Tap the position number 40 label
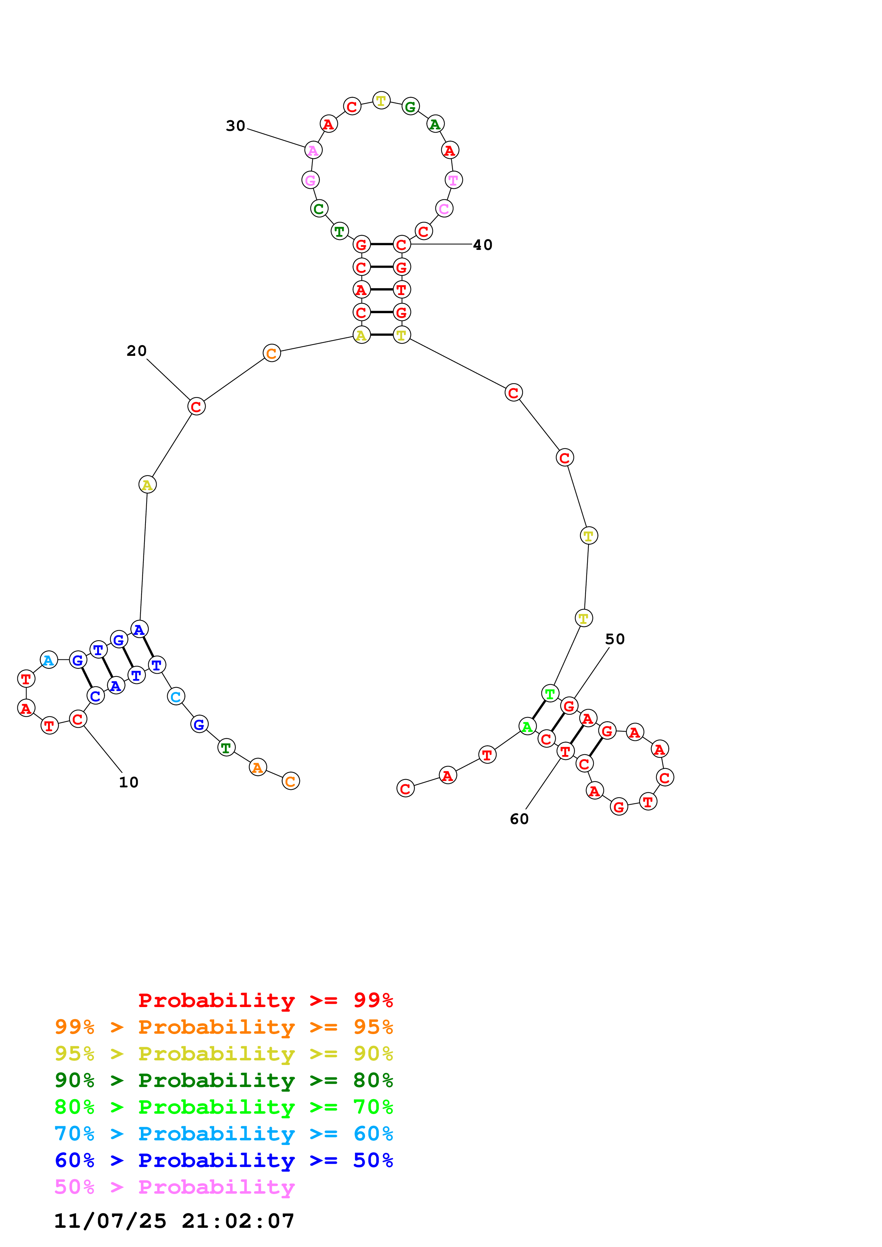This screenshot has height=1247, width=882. pyautogui.click(x=482, y=245)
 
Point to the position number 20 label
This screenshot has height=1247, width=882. pyautogui.click(x=136, y=351)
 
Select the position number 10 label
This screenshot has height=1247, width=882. pyautogui.click(x=129, y=782)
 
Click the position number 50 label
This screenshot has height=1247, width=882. pyautogui.click(x=615, y=639)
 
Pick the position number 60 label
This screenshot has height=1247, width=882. pyautogui.click(x=519, y=819)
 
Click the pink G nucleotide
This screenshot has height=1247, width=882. pyautogui.click(x=310, y=180)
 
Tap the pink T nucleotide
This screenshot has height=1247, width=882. pyautogui.click(x=453, y=180)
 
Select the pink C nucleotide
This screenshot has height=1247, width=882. pyautogui.click(x=444, y=209)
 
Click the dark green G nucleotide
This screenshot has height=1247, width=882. pyautogui.click(x=410, y=106)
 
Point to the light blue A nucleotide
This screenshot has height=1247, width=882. pyautogui.click(x=49, y=660)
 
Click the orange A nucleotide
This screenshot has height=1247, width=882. pyautogui.click(x=258, y=767)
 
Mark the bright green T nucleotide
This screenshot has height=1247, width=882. pyautogui.click(x=550, y=694)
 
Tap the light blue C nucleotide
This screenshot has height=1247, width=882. pyautogui.click(x=175, y=696)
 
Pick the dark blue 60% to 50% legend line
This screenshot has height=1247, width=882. pyautogui.click(x=224, y=1161)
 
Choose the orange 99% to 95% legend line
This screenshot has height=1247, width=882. pyautogui.click(x=224, y=1027)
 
